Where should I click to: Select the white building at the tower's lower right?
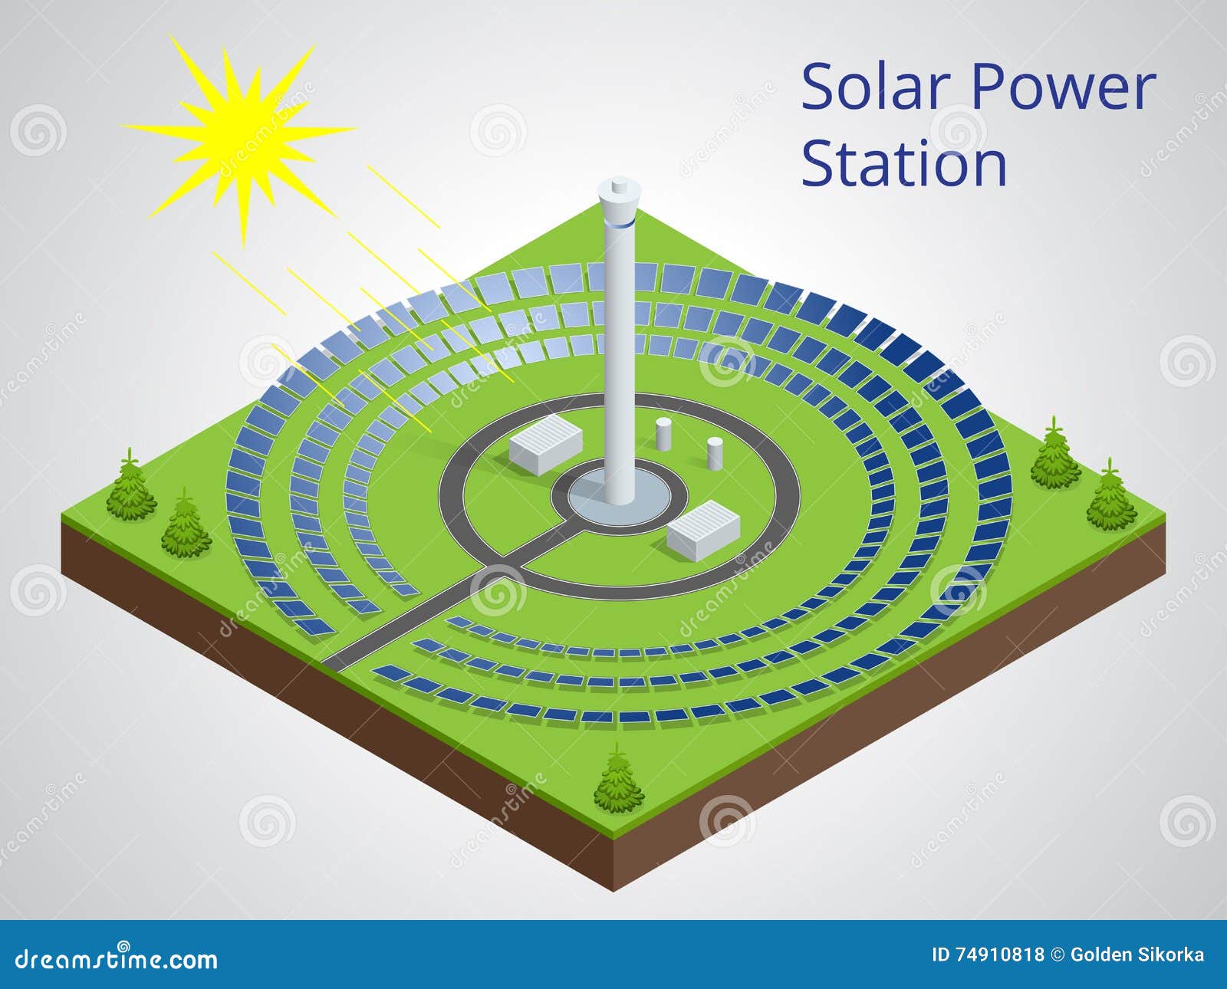point(703,529)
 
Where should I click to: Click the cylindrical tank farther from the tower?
point(714,454)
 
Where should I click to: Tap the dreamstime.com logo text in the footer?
point(117,958)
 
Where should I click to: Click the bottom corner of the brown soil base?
point(613,888)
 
